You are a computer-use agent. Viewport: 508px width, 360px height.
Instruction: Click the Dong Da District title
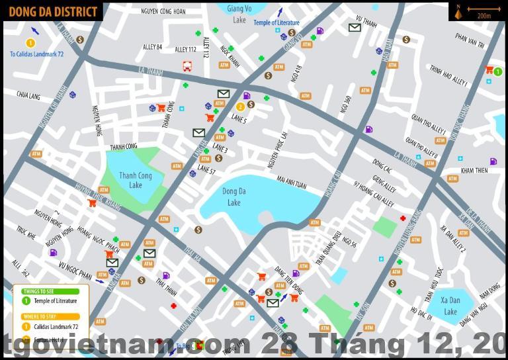[x=53, y=11]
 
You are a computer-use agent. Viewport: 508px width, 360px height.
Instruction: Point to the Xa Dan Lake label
[x=450, y=306]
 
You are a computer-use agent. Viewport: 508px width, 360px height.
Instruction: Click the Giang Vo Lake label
[x=239, y=15]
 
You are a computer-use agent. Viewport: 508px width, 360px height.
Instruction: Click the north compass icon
[x=458, y=11]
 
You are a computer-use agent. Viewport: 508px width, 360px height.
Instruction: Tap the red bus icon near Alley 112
[x=187, y=66]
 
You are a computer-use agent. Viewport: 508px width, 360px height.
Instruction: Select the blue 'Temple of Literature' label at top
[x=276, y=23]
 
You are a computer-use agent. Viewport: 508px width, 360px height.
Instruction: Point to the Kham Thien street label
[x=474, y=171]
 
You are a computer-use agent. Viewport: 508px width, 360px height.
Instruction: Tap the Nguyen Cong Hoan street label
[x=163, y=11]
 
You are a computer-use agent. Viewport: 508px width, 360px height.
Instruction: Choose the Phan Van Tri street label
[x=470, y=40]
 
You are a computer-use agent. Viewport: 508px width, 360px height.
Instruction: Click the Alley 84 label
[x=152, y=47]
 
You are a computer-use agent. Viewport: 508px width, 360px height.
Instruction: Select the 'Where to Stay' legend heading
[x=39, y=317]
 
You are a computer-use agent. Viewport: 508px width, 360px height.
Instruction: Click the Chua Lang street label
[x=28, y=96]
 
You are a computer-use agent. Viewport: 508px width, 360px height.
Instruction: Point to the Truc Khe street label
[x=26, y=232]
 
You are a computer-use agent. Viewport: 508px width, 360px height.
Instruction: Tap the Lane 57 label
[x=206, y=171]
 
